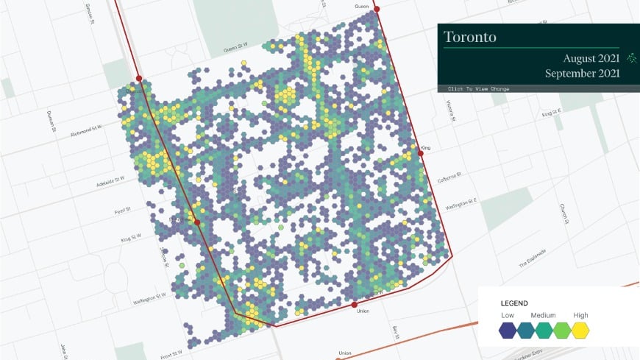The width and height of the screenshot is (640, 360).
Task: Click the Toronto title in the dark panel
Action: pos(470,36)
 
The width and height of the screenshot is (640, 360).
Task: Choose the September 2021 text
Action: pos(582,74)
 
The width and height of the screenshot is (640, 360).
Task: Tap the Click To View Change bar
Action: pos(478,89)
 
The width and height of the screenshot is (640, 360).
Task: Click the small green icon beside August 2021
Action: pos(631,57)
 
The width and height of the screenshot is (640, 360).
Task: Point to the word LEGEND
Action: pos(514,303)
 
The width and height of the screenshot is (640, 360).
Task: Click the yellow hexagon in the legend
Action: pos(581,330)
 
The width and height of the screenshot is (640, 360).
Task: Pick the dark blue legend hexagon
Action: pos(508,330)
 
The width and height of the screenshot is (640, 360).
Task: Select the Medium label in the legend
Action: pos(544,316)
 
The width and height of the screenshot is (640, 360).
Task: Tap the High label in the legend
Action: pos(580,316)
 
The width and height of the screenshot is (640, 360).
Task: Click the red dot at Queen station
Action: pos(377,10)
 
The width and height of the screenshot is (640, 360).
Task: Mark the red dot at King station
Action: pos(422,153)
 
